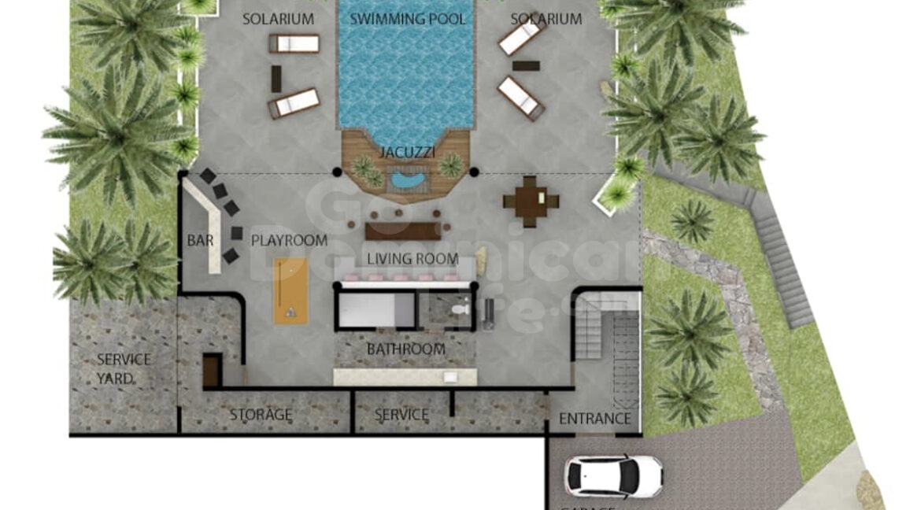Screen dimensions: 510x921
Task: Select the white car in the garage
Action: coord(614,475)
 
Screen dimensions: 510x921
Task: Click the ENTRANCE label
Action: coord(594,419)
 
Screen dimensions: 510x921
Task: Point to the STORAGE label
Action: coord(261,414)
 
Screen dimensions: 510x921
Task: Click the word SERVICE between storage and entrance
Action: coord(401,414)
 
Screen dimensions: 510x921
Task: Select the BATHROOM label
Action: coord(405,349)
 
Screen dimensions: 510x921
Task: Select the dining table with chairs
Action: coord(531,201)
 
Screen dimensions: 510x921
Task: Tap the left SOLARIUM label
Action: coord(277,19)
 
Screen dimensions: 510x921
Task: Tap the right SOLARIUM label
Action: coord(546,19)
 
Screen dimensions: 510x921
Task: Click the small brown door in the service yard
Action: coord(211,370)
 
